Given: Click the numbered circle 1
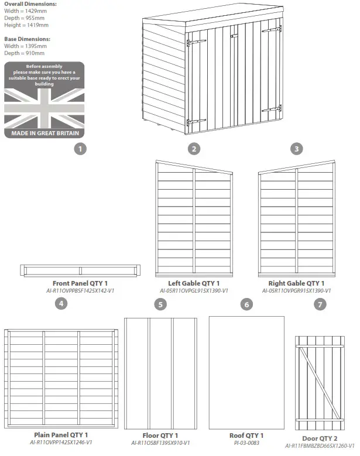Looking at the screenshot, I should click(81, 149).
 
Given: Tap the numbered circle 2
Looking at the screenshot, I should click(194, 149).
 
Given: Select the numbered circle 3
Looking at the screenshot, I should click(297, 149).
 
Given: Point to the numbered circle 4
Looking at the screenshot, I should click(60, 304).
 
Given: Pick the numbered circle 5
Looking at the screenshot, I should click(160, 304).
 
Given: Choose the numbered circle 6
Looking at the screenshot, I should click(246, 304).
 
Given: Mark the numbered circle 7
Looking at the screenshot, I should click(319, 304).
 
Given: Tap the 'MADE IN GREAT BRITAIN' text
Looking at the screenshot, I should click(44, 133).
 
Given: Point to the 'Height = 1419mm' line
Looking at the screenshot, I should click(27, 25).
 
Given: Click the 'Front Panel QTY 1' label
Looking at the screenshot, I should click(80, 283).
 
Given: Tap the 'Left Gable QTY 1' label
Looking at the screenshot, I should click(194, 283).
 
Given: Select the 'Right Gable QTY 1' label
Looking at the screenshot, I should click(296, 283).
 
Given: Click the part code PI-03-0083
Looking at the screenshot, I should click(246, 443).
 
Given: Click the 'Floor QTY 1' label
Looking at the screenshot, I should click(160, 436).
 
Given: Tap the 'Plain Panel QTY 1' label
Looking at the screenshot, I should click(61, 436).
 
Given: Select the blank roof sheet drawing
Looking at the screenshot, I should click(246, 372).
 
